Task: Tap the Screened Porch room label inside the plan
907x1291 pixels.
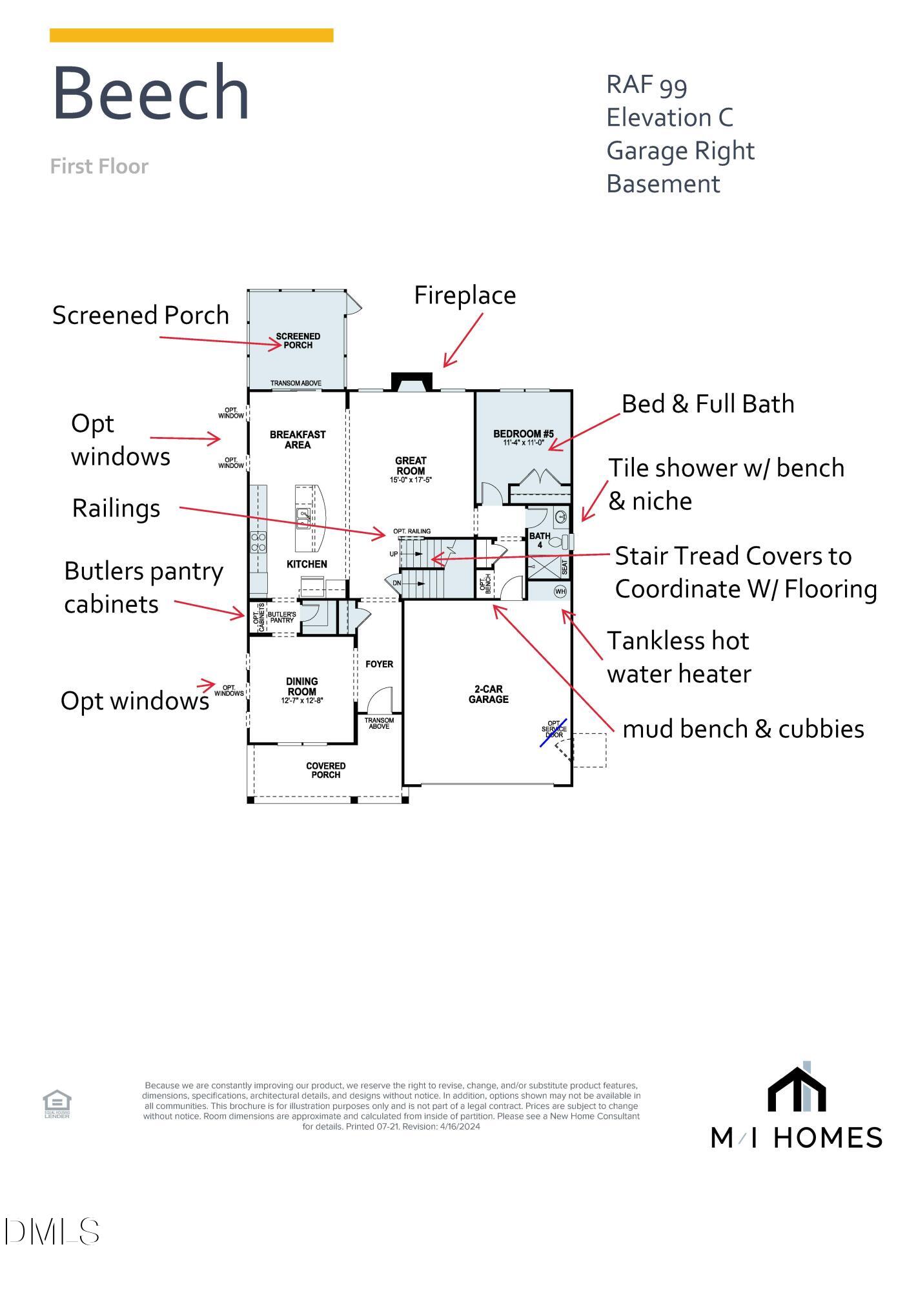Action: [x=298, y=340]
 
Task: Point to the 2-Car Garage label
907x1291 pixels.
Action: [x=488, y=694]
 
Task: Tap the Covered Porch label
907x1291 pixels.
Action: [x=325, y=769]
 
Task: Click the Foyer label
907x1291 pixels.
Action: [x=379, y=664]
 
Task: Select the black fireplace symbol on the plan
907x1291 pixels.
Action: [x=412, y=381]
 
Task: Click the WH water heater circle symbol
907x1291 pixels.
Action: [x=560, y=591]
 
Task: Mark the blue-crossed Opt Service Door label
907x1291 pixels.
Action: [x=554, y=730]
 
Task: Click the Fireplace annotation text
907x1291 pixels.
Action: [x=465, y=296]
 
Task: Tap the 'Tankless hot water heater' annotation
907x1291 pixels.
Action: [x=678, y=657]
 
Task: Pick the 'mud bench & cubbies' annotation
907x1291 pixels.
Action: [x=743, y=729]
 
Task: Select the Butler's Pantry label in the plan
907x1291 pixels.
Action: [x=282, y=617]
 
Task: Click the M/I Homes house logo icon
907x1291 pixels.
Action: [x=797, y=1090]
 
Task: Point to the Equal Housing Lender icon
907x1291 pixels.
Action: [x=57, y=1103]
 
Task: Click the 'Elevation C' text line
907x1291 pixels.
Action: [x=669, y=117]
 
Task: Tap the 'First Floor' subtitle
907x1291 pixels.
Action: [x=99, y=167]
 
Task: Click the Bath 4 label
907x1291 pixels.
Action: [x=540, y=540]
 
